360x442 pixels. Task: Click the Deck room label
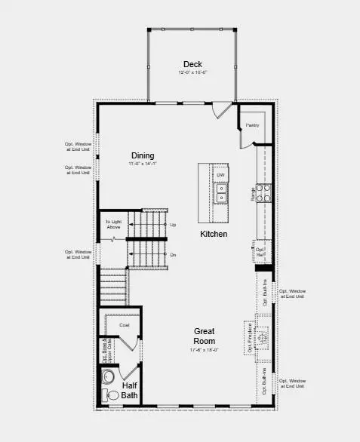click(x=191, y=63)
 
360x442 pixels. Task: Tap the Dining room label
click(x=143, y=155)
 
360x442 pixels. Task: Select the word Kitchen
click(x=214, y=234)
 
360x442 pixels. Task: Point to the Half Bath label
click(x=130, y=390)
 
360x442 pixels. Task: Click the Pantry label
click(x=252, y=124)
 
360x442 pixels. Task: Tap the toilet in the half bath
click(x=106, y=382)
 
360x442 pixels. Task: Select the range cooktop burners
click(x=263, y=194)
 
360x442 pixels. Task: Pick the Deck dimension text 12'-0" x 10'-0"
click(x=192, y=73)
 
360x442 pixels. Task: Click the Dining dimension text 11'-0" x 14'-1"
click(x=142, y=164)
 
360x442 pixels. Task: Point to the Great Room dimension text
click(x=205, y=350)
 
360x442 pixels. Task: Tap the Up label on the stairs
click(x=173, y=225)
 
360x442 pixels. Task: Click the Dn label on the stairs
click(x=173, y=256)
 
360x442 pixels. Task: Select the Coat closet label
click(x=125, y=325)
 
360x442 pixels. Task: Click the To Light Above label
click(x=113, y=224)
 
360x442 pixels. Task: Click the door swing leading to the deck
click(x=220, y=110)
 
